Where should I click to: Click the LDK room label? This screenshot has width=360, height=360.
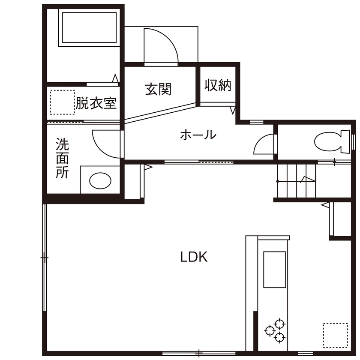pos(194,257)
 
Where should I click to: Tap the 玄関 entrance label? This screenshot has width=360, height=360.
pos(158,89)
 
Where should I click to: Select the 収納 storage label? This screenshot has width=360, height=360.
pos(218,85)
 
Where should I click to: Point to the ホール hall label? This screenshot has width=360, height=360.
pos(198,135)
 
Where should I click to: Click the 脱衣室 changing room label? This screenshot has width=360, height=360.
pos(96,103)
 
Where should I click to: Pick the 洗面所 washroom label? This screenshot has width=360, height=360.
pos(62,158)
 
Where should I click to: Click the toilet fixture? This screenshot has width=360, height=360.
pos(331,141)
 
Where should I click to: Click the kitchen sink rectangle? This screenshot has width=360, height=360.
pos(274,269)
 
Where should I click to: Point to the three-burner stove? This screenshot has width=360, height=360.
pos(275,330)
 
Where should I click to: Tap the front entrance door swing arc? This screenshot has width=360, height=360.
pos(161,45)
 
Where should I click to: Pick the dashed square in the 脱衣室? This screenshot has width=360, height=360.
pos(62,102)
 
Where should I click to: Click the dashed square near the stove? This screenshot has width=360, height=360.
pos(335,335)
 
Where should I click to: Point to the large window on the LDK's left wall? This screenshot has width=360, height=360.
pos(44,257)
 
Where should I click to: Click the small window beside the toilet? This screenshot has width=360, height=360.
pos(354,141)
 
